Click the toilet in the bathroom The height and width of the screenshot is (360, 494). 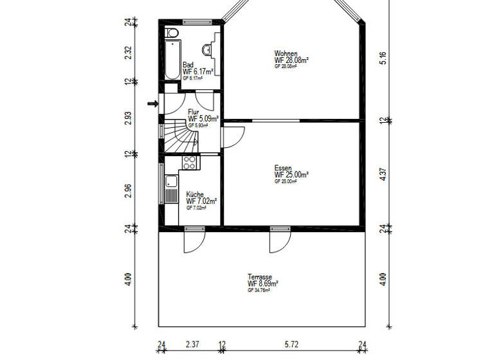pos(172,33)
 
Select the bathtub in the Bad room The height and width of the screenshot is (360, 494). pos(172,60)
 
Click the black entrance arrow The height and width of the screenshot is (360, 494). pos(152,103)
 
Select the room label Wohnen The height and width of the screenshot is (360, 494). pos(286,53)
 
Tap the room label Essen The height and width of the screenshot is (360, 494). pos(284,168)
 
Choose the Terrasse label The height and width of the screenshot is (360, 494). pos(260,276)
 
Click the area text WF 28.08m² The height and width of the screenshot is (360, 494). pos(291,60)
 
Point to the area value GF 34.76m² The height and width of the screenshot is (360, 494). pos(259,291)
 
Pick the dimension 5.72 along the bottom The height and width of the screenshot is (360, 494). pos(293,345)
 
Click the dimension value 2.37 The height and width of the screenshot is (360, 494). pos(192,345)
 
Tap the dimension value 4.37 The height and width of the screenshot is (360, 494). pos(382,174)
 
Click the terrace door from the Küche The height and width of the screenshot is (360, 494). pos(194,241)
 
